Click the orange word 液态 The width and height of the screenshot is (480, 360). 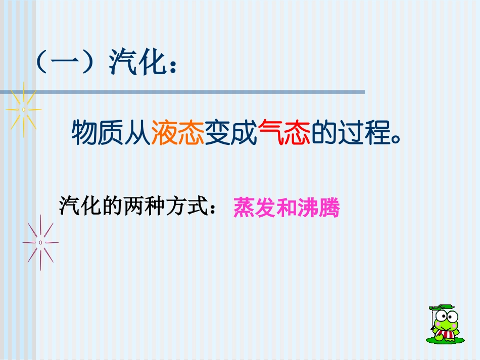tap(177, 132)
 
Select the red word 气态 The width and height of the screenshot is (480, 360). tap(283, 132)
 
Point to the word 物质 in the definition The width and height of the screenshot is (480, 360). tap(97, 132)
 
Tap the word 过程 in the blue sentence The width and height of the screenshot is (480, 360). tap(364, 132)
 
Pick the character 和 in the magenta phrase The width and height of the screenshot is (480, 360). tap(286, 208)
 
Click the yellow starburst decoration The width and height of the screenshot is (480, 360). tap(24, 109)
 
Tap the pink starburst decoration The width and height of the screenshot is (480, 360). tap(40, 242)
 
